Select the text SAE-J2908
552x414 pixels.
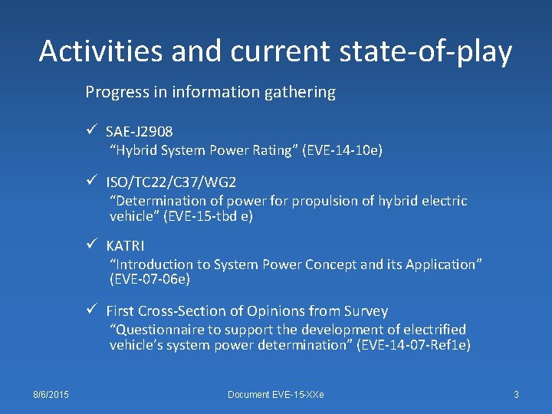[x=139, y=133]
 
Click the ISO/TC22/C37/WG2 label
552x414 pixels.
[x=171, y=182]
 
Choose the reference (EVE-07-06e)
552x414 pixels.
[x=149, y=280]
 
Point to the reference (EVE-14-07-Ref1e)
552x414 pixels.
[x=413, y=345]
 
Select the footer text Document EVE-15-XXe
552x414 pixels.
[x=275, y=394]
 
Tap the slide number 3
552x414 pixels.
[x=516, y=394]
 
